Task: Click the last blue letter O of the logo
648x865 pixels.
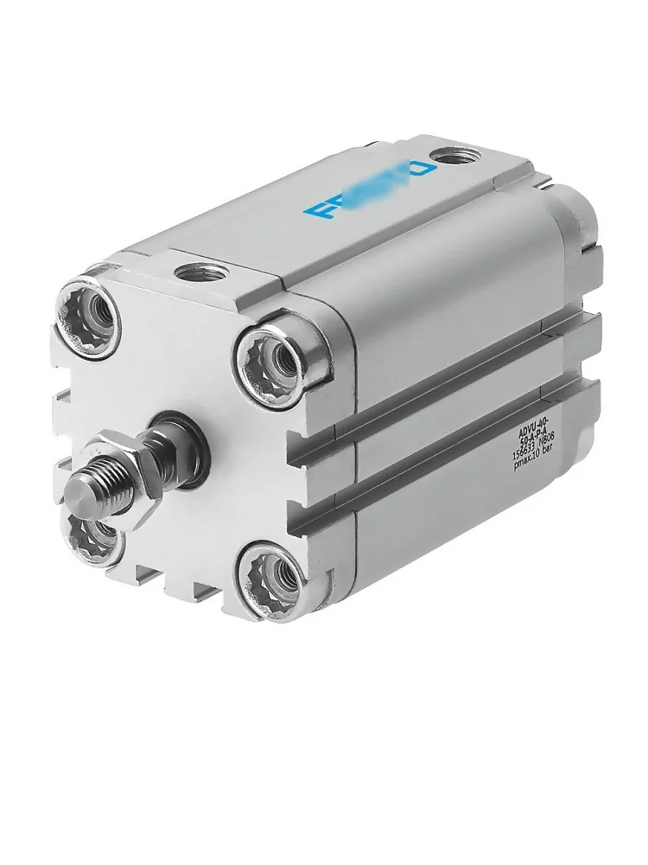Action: [x=422, y=170]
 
